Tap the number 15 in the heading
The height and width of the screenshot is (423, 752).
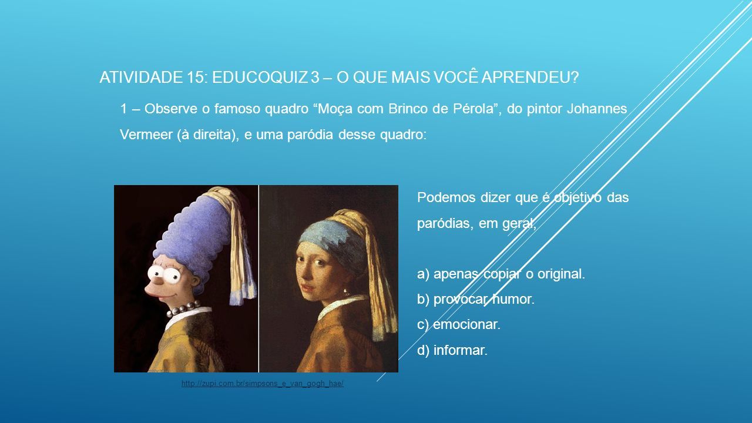pos(193,77)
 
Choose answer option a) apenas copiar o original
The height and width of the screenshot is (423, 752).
pos(501,274)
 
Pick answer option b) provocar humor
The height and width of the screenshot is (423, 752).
pos(476,299)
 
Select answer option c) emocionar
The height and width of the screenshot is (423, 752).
pos(459,325)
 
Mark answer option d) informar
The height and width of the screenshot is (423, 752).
pos(452,350)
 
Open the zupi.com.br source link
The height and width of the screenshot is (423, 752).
pos(262,384)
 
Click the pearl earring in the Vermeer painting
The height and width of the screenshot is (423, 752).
pos(346,291)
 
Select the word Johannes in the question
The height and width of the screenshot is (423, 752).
pos(596,109)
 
